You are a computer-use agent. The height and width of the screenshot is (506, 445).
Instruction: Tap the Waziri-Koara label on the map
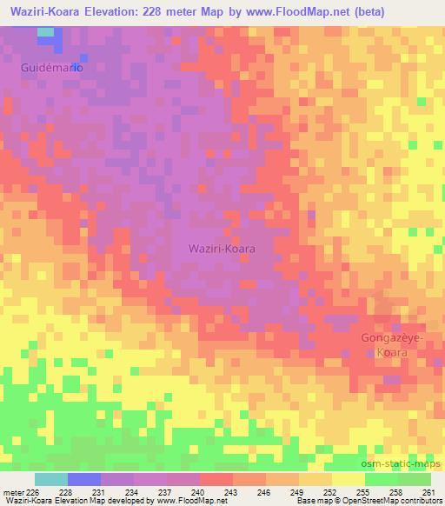tap(222, 248)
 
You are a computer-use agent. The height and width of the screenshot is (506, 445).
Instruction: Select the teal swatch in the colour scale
tap(51, 479)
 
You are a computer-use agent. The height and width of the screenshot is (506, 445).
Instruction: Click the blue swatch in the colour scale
tap(84, 479)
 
